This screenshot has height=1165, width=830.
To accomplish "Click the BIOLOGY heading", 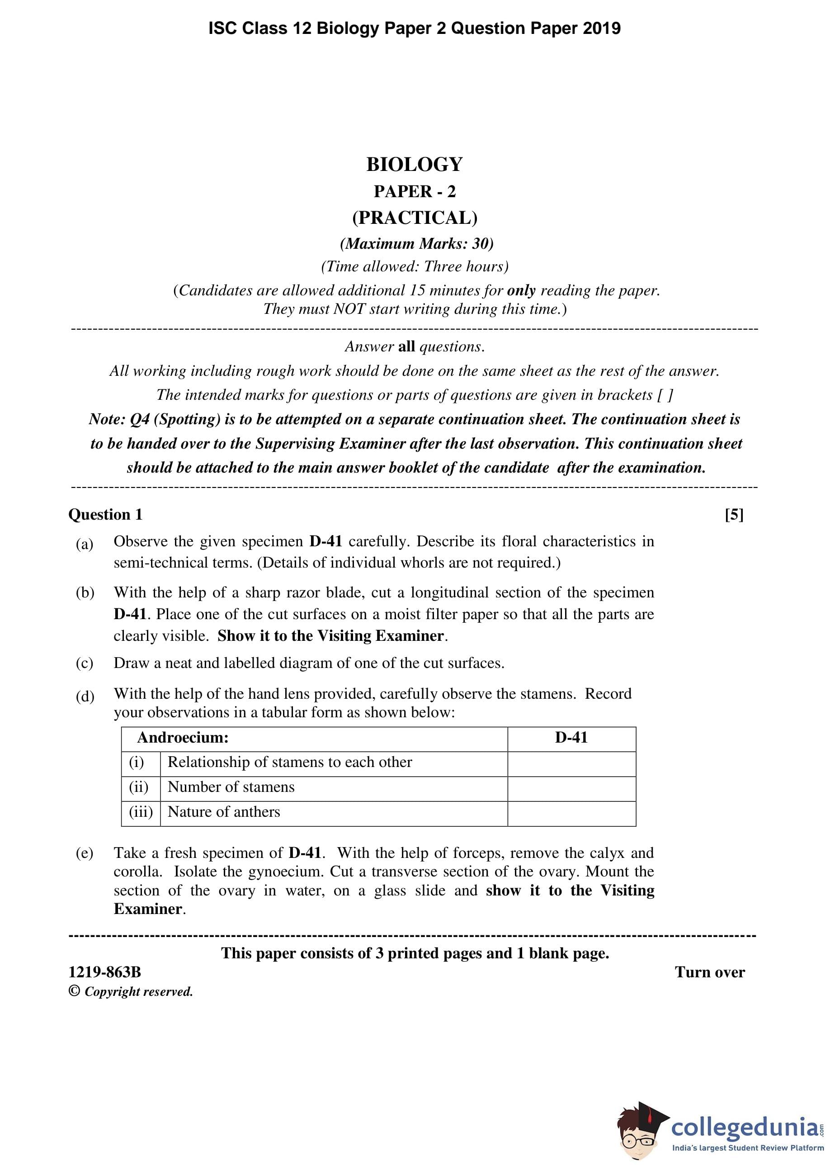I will click(x=415, y=164).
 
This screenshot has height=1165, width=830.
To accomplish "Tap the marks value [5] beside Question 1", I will click(x=734, y=514).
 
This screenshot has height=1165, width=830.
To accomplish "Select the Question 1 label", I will click(x=105, y=514).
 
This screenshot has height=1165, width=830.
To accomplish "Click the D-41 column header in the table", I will click(x=571, y=738).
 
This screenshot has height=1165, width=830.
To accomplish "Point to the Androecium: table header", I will click(x=183, y=738).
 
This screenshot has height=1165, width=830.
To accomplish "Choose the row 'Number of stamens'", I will click(x=231, y=787).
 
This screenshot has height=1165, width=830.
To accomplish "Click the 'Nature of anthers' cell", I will click(x=224, y=812).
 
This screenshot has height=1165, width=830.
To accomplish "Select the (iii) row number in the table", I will click(x=141, y=812).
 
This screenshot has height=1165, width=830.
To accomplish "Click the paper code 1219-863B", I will click(x=105, y=972).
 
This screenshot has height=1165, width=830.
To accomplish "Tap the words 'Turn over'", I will click(x=709, y=972).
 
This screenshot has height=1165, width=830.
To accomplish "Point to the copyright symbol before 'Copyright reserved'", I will click(x=74, y=991).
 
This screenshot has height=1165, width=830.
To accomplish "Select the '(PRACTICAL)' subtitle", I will click(x=415, y=218).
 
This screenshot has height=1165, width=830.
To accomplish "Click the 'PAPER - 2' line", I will click(x=415, y=191).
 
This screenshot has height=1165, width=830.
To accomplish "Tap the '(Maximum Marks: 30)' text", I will click(x=416, y=243).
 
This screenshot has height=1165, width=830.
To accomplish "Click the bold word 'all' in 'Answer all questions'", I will click(x=406, y=346).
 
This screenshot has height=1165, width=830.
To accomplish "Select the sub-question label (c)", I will click(x=85, y=663).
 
